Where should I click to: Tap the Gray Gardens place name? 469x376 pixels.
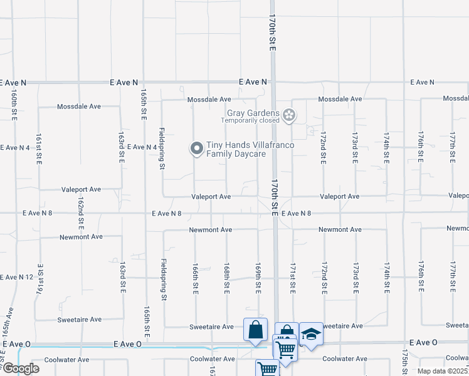(x=253, y=113)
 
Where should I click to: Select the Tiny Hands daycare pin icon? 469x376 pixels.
(x=196, y=149)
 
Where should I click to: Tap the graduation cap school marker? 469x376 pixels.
(x=310, y=335)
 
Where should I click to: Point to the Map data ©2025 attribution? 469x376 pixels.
(x=443, y=371)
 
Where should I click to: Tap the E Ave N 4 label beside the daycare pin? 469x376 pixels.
(x=142, y=147)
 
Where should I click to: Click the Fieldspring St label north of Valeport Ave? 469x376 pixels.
(x=162, y=149)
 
